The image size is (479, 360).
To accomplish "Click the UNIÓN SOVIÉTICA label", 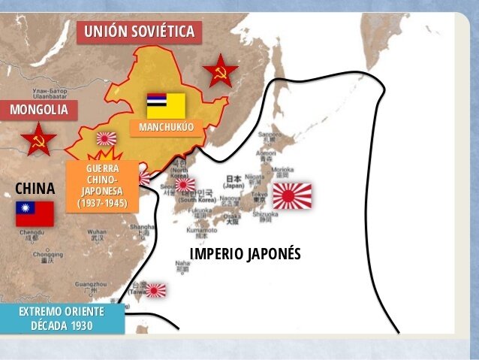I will pos(140,31).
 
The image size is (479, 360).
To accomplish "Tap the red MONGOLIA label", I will pos(38,110).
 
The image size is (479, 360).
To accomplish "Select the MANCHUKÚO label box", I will pos(166,127).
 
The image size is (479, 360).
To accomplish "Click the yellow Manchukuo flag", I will pos(166,105).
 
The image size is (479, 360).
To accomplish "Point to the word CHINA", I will pos(35,187).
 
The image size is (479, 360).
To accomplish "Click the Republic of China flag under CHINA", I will pos(35,213).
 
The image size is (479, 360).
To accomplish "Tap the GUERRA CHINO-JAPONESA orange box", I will pos(102,185).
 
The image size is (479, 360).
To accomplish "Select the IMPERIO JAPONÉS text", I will pos(245,253).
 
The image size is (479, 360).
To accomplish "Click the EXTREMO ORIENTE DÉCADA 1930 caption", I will pos(62,318).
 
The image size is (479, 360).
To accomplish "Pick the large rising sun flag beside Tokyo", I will pos(292,195).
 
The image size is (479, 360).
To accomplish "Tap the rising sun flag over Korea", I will pos(185,184).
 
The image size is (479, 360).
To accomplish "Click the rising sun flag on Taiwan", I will pos(156,289).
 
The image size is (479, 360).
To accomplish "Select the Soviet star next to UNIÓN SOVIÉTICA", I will pos(221,71).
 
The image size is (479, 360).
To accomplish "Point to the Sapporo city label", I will pos(269,135).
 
